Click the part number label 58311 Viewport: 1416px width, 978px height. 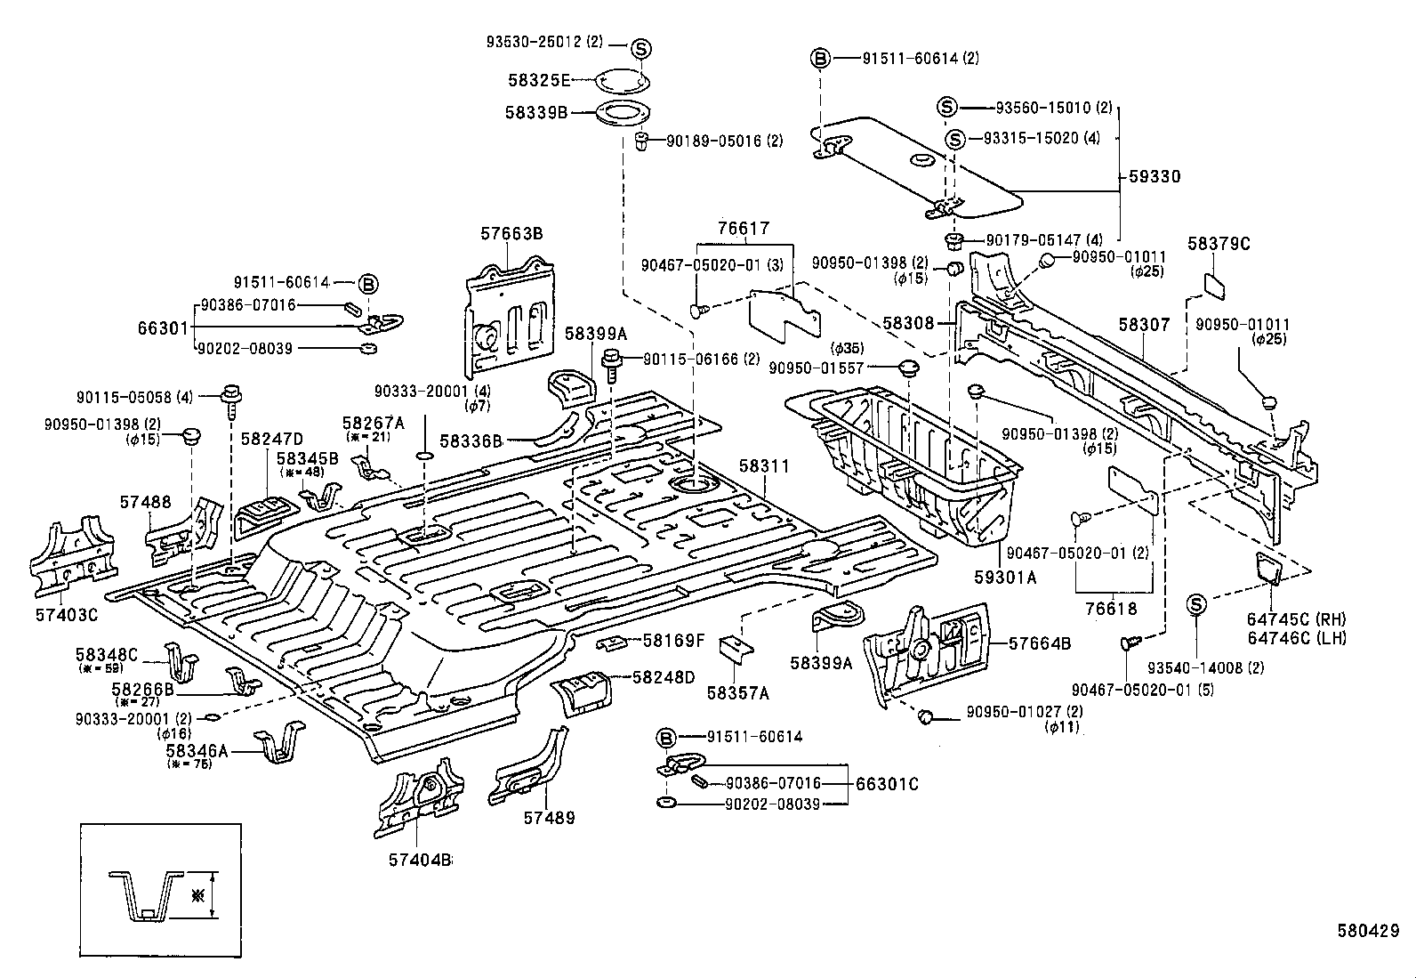click(764, 466)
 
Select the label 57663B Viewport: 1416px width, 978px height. click(511, 234)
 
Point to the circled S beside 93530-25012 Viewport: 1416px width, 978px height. click(642, 49)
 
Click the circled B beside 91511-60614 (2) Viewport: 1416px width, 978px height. click(820, 59)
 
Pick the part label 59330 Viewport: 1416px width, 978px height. click(1155, 176)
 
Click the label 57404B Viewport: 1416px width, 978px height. click(420, 860)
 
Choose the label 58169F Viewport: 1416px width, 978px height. click(673, 639)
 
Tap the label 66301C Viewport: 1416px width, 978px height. click(886, 784)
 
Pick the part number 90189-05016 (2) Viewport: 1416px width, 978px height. click(725, 141)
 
